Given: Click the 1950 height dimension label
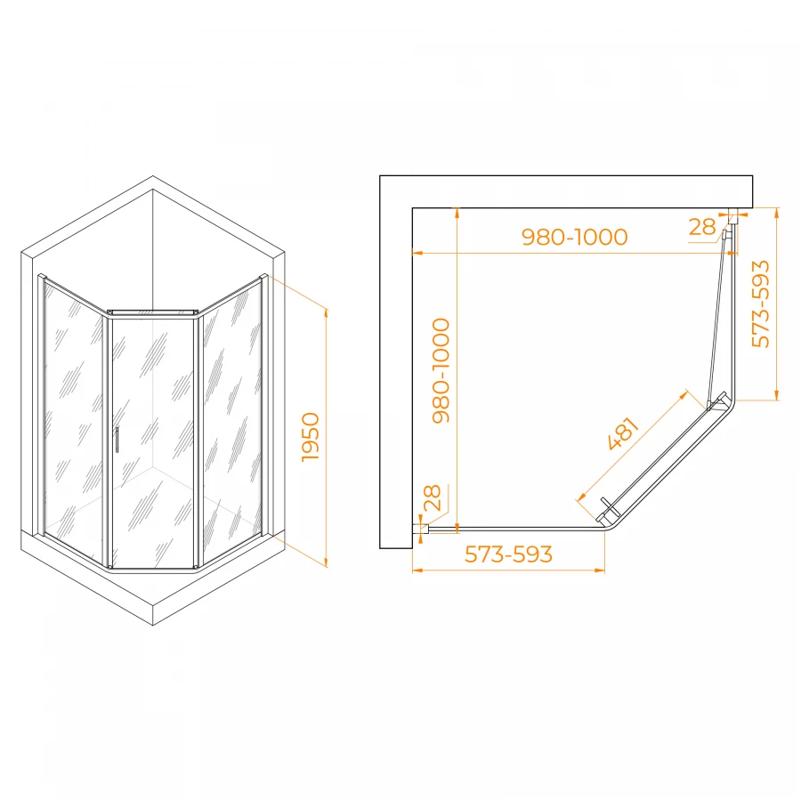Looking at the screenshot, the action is click(x=311, y=437).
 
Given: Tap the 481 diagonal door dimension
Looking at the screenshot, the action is click(x=624, y=433).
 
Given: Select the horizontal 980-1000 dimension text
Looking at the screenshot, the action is click(x=574, y=237).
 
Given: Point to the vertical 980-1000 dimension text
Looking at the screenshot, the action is click(x=441, y=370).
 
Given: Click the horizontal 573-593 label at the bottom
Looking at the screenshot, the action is click(x=508, y=554).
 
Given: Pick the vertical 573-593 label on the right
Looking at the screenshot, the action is click(x=761, y=304).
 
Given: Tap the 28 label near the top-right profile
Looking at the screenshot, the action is click(x=702, y=227).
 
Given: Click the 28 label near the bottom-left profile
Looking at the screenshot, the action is click(x=433, y=498).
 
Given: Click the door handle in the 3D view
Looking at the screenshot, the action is click(x=117, y=440).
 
